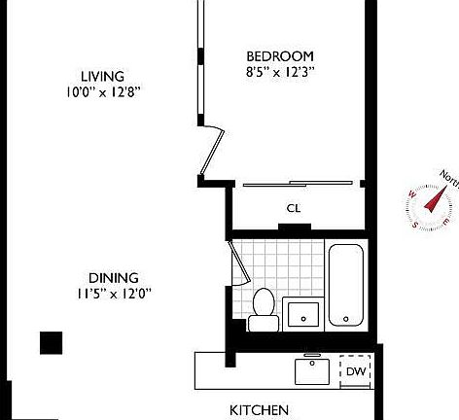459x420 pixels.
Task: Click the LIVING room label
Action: tap(102, 76)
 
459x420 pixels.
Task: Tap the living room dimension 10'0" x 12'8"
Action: tap(102, 93)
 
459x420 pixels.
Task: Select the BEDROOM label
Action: tap(279, 55)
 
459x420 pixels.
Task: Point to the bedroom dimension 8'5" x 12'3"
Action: tap(279, 71)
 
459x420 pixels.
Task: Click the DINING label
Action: tap(115, 277)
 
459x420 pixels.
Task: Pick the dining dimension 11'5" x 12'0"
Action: tap(115, 294)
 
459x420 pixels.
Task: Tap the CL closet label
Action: tap(293, 207)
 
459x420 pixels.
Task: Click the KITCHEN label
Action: tap(259, 410)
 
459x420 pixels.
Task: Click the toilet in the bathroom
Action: tap(260, 304)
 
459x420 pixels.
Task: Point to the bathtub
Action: tap(346, 285)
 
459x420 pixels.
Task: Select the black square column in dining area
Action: tap(51, 343)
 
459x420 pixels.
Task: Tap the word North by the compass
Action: tap(449, 177)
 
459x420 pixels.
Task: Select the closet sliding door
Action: tap(300, 183)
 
